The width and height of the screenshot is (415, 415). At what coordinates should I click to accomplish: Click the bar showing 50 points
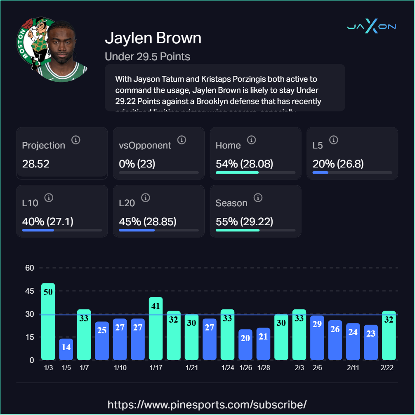tap(48, 321)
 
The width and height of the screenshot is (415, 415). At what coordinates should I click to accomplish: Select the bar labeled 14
tap(66, 349)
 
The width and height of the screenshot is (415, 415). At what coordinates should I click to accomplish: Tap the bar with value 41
tap(156, 328)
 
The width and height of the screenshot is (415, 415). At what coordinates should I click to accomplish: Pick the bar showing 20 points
tap(245, 344)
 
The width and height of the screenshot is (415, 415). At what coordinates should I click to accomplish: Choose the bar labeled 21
tap(263, 344)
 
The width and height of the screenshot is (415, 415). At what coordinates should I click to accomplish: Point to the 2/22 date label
tap(387, 368)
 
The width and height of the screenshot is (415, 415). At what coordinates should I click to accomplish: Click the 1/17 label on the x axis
tap(156, 368)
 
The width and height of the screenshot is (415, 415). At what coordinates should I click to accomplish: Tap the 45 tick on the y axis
tap(29, 291)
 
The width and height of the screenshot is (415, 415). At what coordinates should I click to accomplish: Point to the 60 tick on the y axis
tap(29, 268)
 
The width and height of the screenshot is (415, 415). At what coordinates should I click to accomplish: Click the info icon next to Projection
tap(75, 140)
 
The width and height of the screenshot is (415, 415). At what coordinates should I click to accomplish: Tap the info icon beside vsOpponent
tap(182, 140)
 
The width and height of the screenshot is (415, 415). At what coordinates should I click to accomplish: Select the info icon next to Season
tap(258, 198)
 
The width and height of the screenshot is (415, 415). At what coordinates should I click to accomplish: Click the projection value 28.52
tap(36, 164)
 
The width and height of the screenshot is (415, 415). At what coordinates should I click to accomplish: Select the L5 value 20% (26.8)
tap(338, 164)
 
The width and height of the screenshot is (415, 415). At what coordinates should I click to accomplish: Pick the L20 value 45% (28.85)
tap(148, 222)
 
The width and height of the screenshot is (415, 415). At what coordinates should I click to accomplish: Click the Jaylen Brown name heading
tap(153, 38)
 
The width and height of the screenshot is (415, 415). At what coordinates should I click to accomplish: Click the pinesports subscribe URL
tap(207, 404)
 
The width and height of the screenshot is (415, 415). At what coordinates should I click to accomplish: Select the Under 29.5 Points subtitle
tap(147, 57)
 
